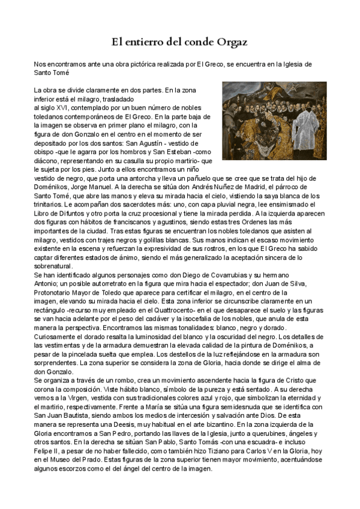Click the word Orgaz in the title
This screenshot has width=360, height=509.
pyautogui.click(x=231, y=42)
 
